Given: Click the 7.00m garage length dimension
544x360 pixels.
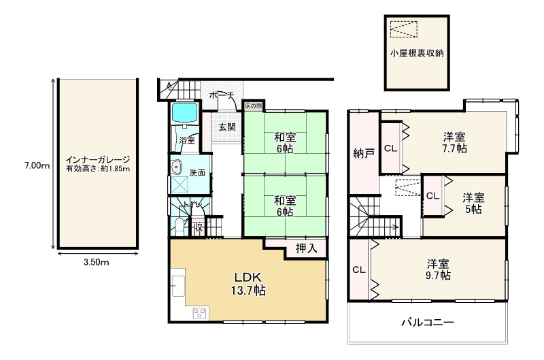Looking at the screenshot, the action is pos(37,165).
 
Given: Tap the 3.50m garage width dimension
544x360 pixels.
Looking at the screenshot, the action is pos(97,262).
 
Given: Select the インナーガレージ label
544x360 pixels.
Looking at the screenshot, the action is pos(98,160).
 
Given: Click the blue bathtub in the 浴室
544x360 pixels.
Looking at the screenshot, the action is pos(184,113).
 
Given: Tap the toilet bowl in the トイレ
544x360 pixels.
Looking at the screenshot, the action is pos(180,226).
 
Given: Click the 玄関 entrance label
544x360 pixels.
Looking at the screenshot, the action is pos(227,127).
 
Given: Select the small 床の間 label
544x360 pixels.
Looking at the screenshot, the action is pos(253,105).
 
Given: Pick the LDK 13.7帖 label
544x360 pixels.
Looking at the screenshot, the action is pos(248,284).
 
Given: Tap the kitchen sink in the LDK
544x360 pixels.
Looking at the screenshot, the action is pos(178,287).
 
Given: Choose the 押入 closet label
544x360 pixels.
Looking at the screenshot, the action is pos(307,248).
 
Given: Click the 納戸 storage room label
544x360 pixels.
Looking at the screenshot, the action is pos(364,153).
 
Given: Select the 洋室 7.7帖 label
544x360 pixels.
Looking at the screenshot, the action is pos(454,142).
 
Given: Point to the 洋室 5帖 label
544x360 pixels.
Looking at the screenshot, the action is pos(473,203).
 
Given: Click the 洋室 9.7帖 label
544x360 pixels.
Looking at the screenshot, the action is pos(438,269).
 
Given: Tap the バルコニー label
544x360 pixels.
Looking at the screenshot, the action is pos(428,323).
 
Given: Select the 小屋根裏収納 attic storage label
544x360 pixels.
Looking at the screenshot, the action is pos(417,53).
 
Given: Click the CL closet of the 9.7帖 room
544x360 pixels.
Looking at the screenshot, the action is pos(359,269).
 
